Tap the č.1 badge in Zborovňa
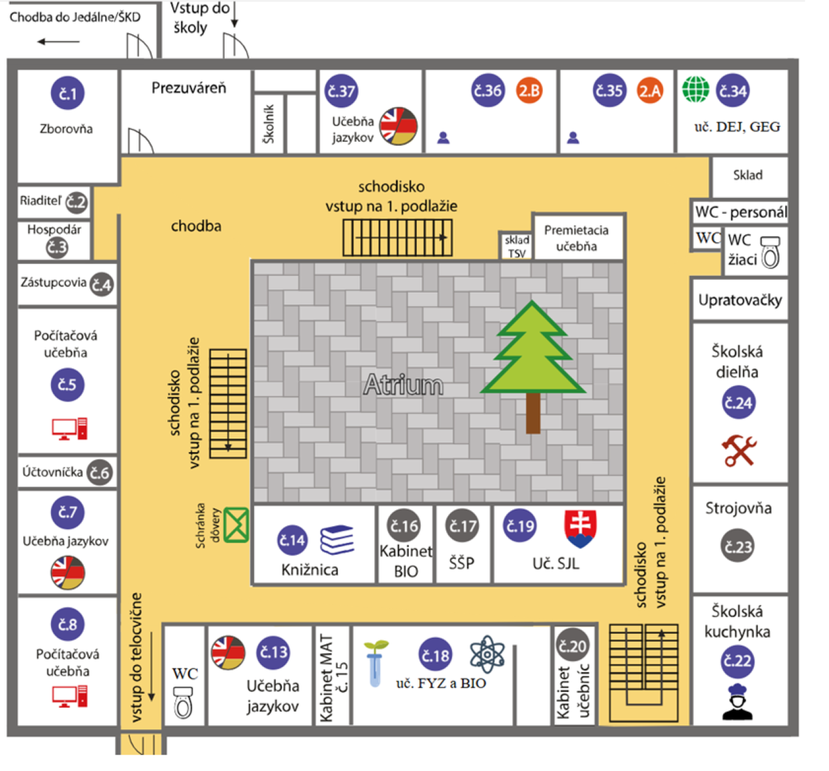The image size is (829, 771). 68,93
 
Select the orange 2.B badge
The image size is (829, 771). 528,91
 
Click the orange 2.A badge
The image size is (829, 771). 650,91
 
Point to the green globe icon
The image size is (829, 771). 696,90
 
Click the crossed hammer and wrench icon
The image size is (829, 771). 739,450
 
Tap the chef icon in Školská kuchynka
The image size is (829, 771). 738,702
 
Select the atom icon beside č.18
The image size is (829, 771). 487,654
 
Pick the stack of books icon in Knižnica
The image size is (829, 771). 337,540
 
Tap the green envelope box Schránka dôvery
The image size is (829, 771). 236,525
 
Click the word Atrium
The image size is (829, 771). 403,384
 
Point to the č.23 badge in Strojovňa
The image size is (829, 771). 738,547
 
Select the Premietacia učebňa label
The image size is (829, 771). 576,238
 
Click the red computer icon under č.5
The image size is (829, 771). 69,429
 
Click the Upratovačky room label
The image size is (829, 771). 740,300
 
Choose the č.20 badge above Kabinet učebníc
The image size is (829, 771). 573,646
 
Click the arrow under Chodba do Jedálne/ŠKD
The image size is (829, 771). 58,42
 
